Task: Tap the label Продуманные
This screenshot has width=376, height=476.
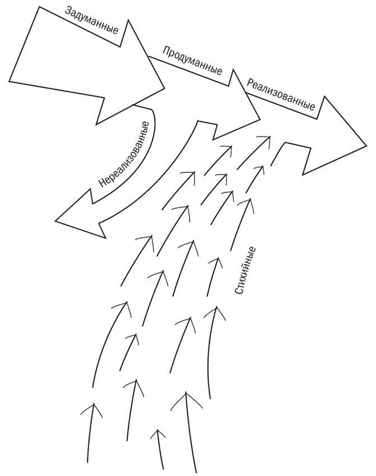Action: point(192,62)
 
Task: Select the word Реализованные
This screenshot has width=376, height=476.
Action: point(281,94)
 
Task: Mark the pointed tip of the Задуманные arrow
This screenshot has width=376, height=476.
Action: point(165,87)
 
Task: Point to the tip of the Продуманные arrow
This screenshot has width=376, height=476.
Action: point(260,118)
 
